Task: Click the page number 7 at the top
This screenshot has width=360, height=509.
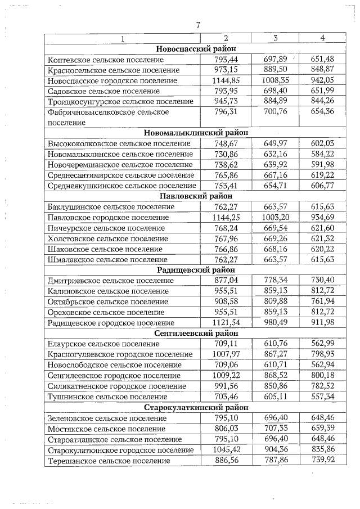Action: pyautogui.click(x=198, y=24)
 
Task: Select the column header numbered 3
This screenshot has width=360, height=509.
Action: pyautogui.click(x=275, y=38)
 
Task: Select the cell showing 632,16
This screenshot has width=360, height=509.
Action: pyautogui.click(x=275, y=154)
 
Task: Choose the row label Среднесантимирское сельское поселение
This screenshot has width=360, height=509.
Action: pyautogui.click(x=121, y=175)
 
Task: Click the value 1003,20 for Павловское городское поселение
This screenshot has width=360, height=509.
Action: pyautogui.click(x=275, y=217)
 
